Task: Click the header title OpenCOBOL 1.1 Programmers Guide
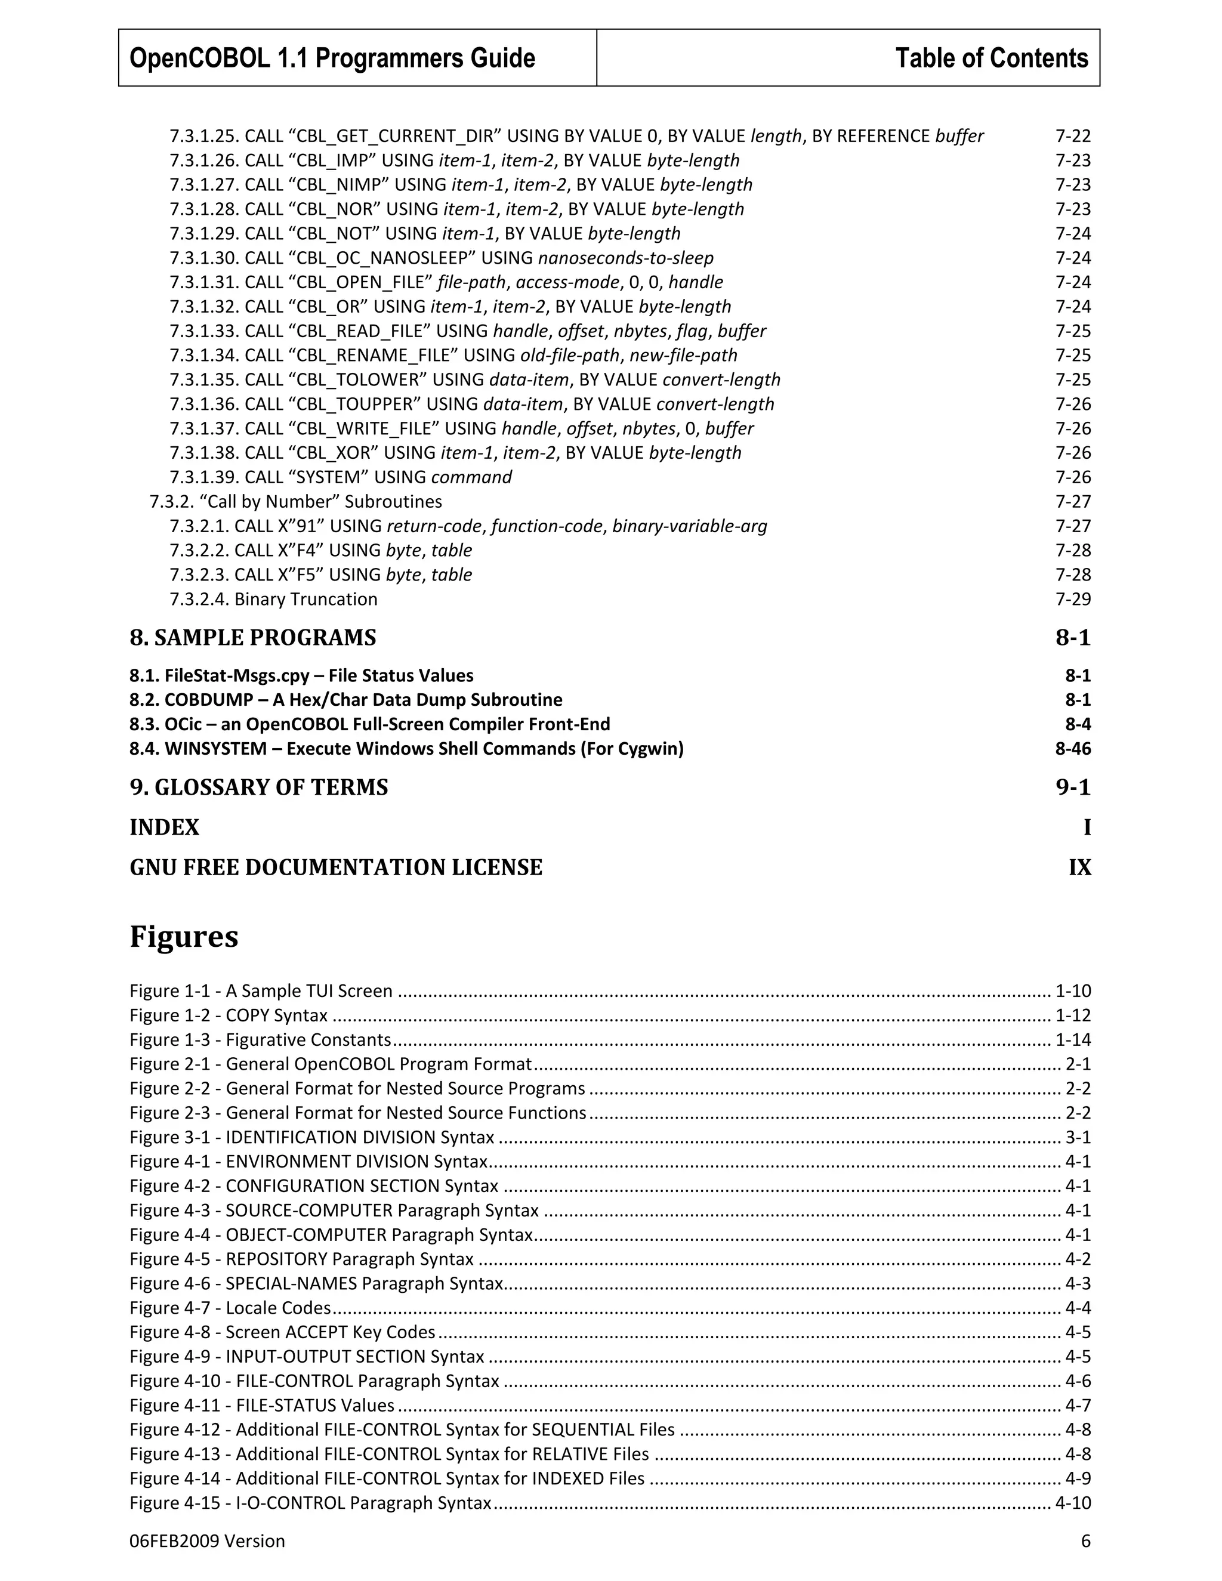(332, 58)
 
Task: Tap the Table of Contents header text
(991, 58)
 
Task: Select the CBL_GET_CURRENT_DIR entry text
(576, 136)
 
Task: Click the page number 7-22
(1072, 136)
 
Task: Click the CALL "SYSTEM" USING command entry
(340, 477)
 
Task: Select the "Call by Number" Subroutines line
(295, 502)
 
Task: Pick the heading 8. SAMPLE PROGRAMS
(252, 638)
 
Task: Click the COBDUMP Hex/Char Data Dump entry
(345, 700)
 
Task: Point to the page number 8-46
(1072, 749)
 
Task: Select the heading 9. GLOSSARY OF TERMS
(258, 788)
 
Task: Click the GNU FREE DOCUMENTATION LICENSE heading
(336, 867)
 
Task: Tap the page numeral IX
(1079, 867)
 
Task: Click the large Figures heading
(184, 937)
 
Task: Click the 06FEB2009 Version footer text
(207, 1541)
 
